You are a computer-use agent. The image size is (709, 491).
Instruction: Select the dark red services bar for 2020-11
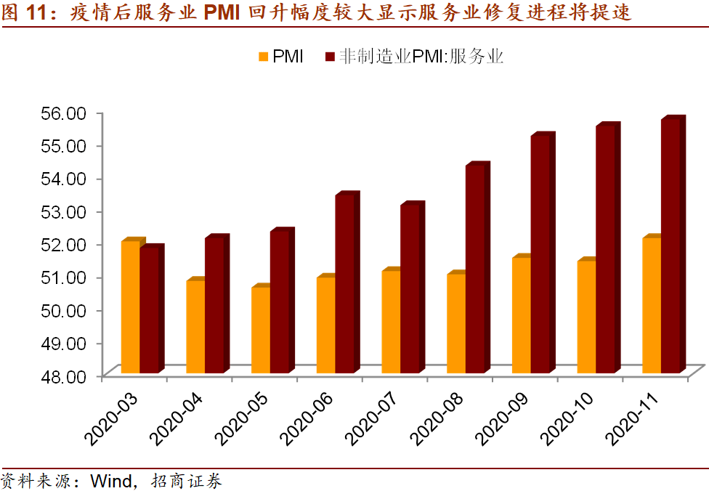(670, 247)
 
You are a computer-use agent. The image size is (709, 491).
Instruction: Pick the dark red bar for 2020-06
(344, 285)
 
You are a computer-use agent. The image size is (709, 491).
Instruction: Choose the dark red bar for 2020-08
(475, 269)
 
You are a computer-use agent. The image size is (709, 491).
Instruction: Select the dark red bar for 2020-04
(214, 306)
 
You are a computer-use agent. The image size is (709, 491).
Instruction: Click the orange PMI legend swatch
(263, 57)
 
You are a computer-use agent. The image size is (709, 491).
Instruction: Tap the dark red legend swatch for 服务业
(330, 57)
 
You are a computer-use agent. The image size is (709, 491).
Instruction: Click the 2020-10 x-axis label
(567, 419)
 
